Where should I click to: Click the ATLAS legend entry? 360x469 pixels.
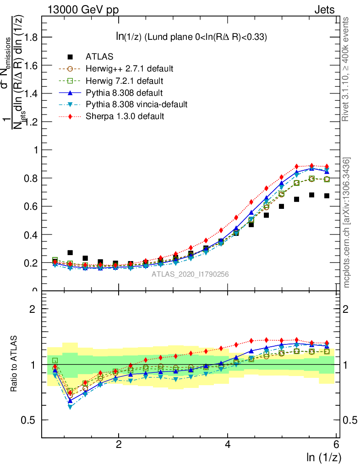[100, 57]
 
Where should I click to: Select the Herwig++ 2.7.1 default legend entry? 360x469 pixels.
[129, 69]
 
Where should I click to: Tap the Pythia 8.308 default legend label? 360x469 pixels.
[125, 93]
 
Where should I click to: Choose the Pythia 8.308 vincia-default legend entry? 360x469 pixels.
[136, 104]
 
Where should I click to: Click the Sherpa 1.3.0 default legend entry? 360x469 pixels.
[125, 116]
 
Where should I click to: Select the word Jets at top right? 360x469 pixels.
[324, 10]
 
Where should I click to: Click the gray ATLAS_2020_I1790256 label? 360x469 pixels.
[191, 274]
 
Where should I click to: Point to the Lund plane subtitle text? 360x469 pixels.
[191, 37]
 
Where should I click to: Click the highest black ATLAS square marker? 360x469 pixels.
[311, 195]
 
